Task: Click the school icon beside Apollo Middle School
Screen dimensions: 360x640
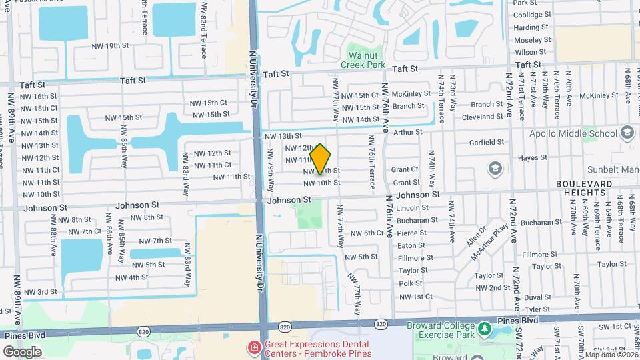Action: pos(627,131)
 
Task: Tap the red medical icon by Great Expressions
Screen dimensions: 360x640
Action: pos(253,347)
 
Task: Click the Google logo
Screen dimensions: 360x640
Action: pos(21,351)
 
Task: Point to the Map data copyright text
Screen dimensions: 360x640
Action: pos(611,354)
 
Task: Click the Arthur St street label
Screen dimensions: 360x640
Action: pos(408,132)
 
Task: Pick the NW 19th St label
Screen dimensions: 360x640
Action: pos(111,45)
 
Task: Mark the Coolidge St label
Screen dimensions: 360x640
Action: pos(532,15)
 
